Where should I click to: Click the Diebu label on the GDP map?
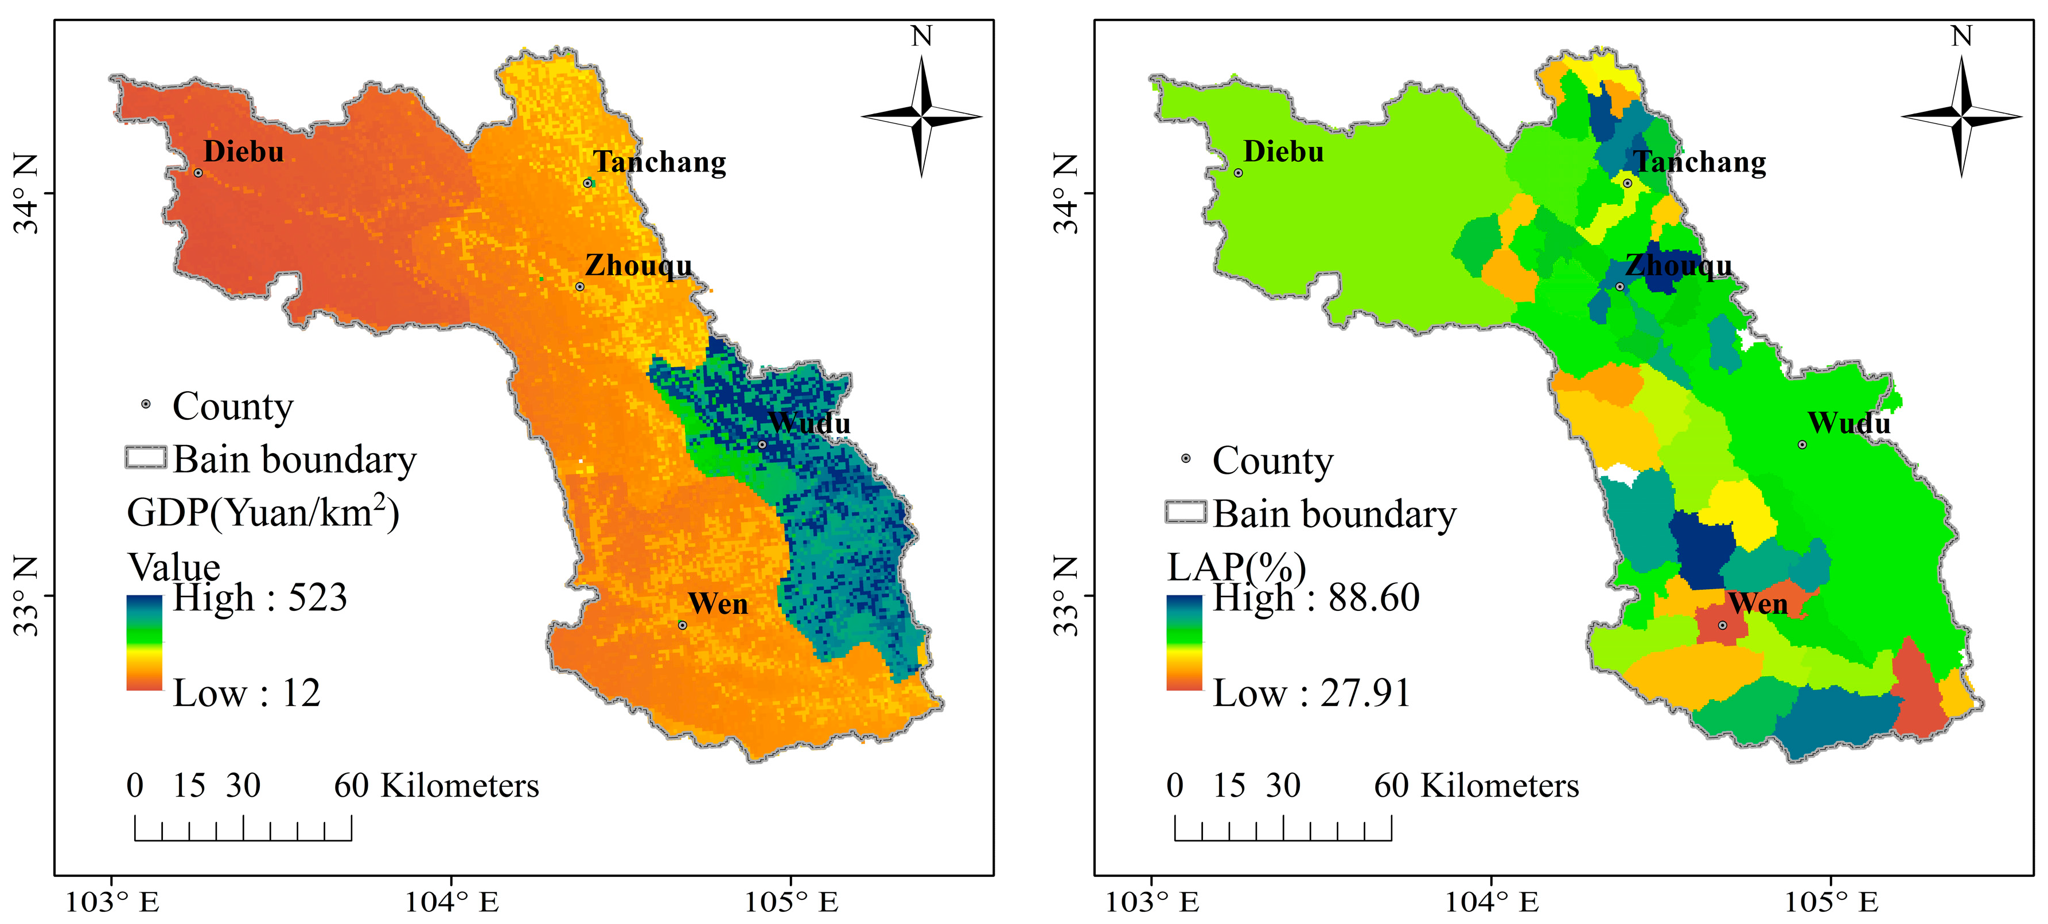(243, 151)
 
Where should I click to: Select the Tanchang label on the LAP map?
(1700, 162)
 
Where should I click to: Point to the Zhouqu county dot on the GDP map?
(579, 287)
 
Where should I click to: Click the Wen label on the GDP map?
(718, 605)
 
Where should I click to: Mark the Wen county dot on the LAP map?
(1722, 625)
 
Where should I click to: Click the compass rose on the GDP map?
(921, 116)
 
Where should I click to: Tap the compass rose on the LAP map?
(1961, 116)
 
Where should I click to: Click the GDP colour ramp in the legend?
(144, 642)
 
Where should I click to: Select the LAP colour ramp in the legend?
(1184, 642)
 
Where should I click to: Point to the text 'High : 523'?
(260, 598)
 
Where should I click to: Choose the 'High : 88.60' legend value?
(1316, 598)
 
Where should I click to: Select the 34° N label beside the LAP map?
(1067, 193)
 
